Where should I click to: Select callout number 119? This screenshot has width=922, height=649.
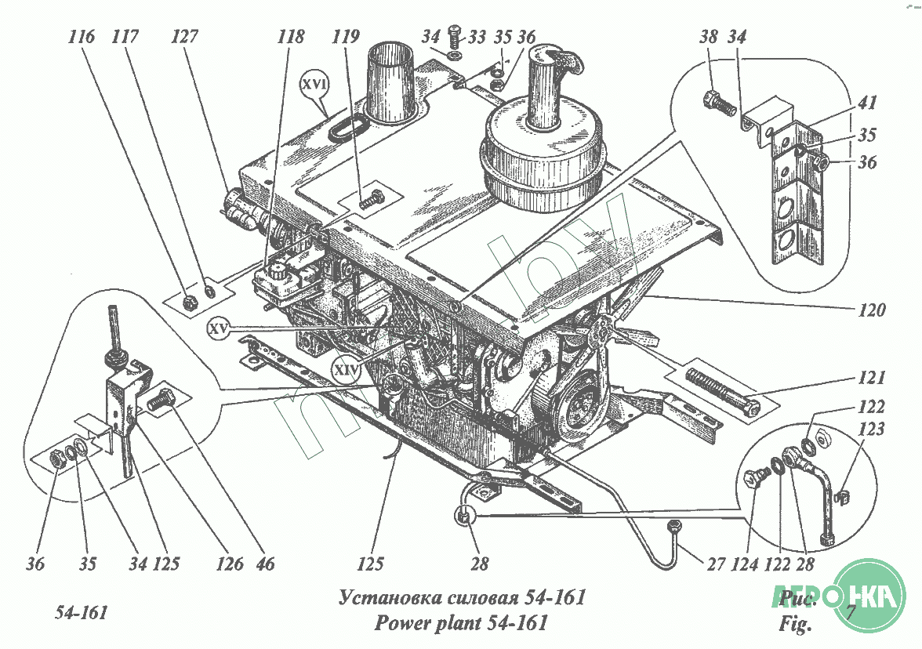[x=346, y=36]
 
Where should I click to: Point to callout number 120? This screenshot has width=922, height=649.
[x=871, y=310]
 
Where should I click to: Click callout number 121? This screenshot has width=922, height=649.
[x=871, y=379]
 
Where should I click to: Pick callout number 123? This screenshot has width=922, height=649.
[x=871, y=430]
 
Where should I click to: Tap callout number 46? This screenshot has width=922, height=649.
[x=266, y=563]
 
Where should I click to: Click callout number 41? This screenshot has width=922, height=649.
[x=867, y=102]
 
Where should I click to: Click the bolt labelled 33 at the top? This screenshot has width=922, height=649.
[x=455, y=34]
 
